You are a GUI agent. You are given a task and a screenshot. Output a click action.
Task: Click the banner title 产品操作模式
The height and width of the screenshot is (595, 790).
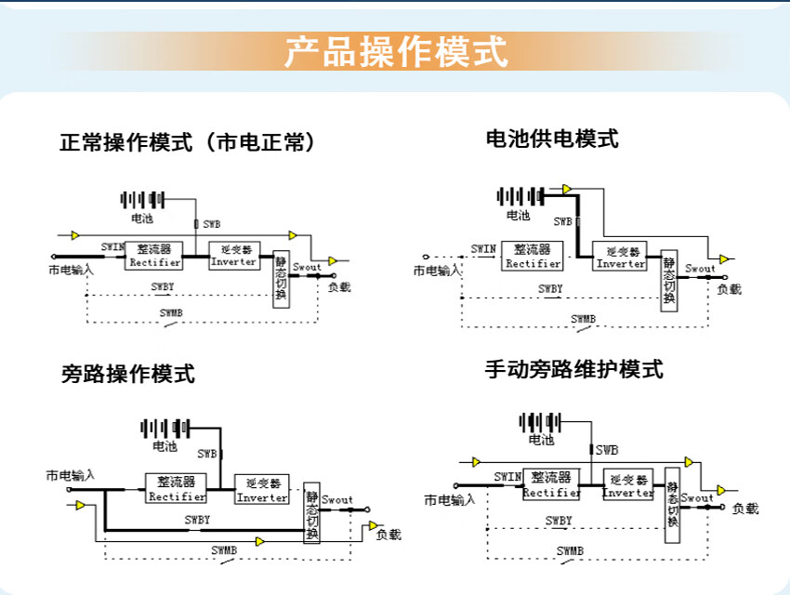pos(395,51)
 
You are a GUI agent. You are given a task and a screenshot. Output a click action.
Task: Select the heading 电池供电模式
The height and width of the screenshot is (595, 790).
pos(552,139)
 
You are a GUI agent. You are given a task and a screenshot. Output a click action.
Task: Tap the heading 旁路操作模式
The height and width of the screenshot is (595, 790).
pos(128,375)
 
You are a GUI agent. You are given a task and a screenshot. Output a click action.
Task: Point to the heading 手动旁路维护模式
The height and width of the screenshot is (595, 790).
pos(573,369)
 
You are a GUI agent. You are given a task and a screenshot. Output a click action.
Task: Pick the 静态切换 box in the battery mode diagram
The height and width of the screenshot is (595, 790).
pos(668,282)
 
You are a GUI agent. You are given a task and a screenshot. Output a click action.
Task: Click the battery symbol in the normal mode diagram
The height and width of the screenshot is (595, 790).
pos(142,199)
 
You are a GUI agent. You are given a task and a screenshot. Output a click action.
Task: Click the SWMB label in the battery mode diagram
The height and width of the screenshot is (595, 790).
pos(584,319)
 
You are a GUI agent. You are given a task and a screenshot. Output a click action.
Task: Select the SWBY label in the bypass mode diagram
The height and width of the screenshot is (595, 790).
pos(197,520)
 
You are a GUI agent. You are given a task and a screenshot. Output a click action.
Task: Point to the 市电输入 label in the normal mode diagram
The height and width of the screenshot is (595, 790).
pos(71,271)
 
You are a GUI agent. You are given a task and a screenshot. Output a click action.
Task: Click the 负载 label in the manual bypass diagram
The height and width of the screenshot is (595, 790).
pos(745,509)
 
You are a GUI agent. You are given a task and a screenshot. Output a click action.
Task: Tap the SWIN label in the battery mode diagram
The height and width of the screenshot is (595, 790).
pos(483,248)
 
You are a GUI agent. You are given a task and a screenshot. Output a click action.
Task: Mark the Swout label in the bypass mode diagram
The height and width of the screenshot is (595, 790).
pos(337,500)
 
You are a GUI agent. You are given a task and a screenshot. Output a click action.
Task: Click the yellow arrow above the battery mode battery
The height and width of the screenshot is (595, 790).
pos(566,189)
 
